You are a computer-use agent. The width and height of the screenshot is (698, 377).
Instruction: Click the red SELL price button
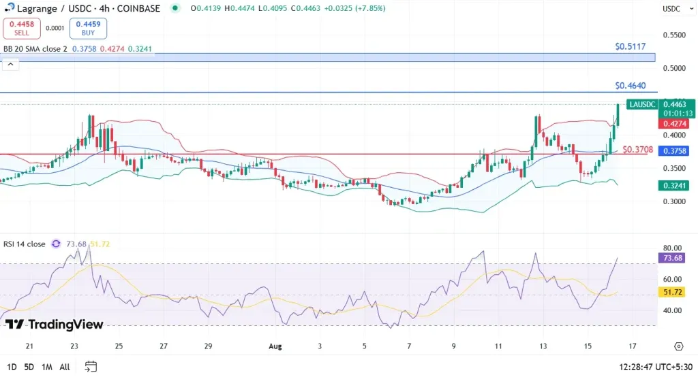pos(21,28)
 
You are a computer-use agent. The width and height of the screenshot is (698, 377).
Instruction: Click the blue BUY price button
pos(88,28)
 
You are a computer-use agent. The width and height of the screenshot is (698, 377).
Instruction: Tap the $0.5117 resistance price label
pos(630,47)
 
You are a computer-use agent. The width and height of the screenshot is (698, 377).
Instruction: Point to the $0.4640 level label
pos(630,86)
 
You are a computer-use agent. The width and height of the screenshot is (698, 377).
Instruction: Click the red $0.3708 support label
pos(638,150)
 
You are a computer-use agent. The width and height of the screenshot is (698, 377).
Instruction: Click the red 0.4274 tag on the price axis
pos(673,125)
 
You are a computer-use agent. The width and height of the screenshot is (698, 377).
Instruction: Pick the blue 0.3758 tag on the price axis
pos(673,151)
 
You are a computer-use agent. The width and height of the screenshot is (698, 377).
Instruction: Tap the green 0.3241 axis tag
pos(673,185)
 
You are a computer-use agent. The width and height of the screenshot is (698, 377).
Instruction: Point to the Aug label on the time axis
pos(275,346)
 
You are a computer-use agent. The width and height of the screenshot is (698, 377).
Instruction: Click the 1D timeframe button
pos(12,367)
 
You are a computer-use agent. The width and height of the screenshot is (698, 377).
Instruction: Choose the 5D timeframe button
pos(29,367)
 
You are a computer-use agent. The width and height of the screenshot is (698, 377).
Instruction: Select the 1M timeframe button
pos(47,367)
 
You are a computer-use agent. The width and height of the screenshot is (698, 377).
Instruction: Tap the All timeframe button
pos(65,367)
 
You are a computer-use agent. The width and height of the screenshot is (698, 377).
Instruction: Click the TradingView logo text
pos(55,325)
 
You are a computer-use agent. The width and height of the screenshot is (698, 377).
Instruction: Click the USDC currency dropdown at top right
pos(673,9)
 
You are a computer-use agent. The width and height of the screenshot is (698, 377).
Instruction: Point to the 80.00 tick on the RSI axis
pos(673,248)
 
